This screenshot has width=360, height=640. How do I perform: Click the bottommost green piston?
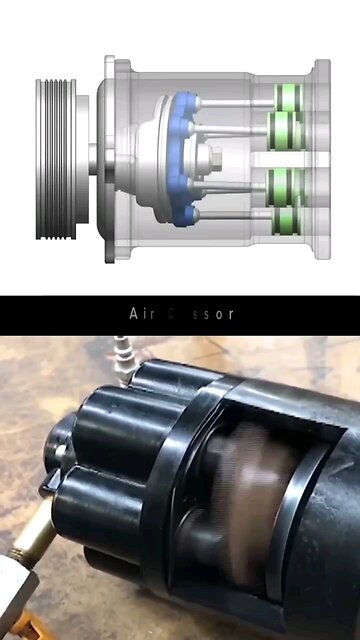pyautogui.click(x=288, y=219)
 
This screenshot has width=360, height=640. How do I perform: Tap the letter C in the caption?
pyautogui.click(x=170, y=314)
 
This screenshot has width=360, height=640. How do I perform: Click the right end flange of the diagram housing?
pyautogui.click(x=322, y=158)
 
